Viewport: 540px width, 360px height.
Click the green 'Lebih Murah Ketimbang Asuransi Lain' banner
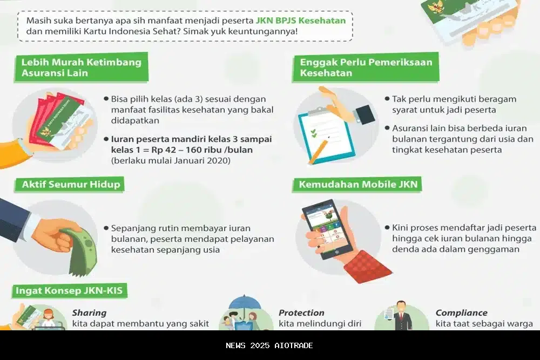click(x=81, y=67)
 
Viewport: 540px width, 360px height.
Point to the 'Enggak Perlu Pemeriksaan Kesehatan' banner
click(x=366, y=67)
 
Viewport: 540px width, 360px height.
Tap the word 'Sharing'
click(x=89, y=313)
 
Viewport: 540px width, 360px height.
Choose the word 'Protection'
click(x=301, y=313)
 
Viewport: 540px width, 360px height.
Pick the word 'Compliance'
click(x=461, y=313)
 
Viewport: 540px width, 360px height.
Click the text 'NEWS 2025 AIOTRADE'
click(x=269, y=345)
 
